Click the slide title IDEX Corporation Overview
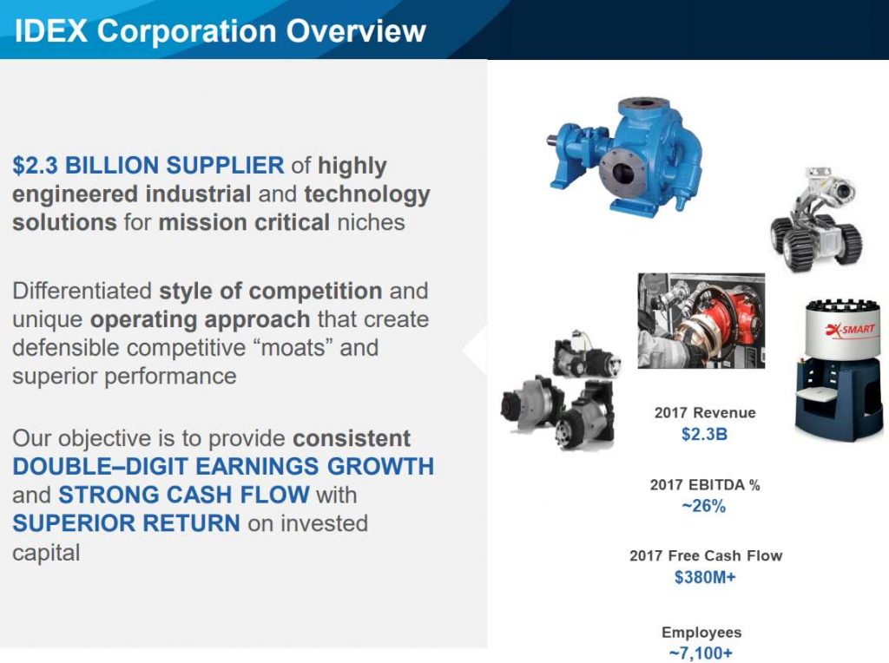(220, 30)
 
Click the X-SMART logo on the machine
(850, 329)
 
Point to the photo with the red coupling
(701, 321)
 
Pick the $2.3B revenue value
(704, 434)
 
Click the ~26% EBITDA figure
(703, 505)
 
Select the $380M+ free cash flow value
(705, 577)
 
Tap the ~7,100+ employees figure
(701, 653)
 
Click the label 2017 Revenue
(705, 412)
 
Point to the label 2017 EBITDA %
(705, 484)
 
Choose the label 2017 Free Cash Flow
(706, 555)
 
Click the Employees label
(701, 632)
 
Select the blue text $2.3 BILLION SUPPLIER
(148, 166)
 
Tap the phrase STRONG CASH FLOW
(184, 495)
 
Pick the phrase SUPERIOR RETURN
(126, 523)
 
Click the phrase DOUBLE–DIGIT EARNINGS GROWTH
(223, 466)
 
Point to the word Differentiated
(82, 291)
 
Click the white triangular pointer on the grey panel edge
(475, 349)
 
